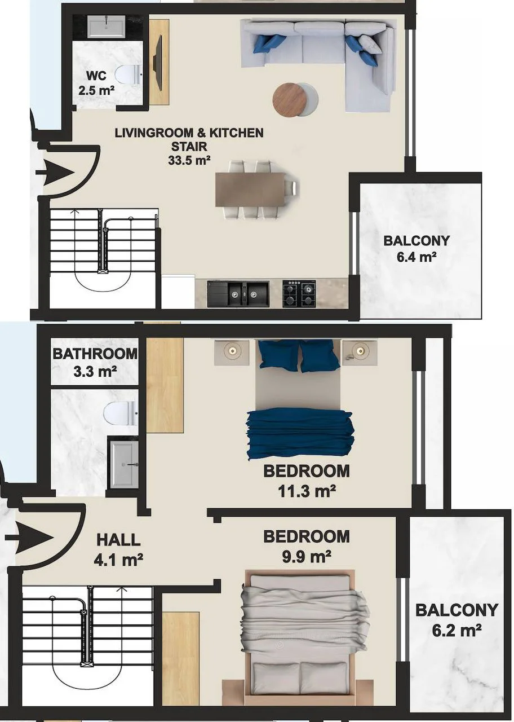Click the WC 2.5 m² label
[x=96, y=83]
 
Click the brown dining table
[x=251, y=189]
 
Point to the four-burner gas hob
[x=299, y=293]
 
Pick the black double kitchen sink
[x=238, y=294]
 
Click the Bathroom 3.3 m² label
[x=95, y=363]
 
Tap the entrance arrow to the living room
[x=55, y=173]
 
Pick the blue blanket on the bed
[x=300, y=434]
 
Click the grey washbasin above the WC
[x=106, y=26]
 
